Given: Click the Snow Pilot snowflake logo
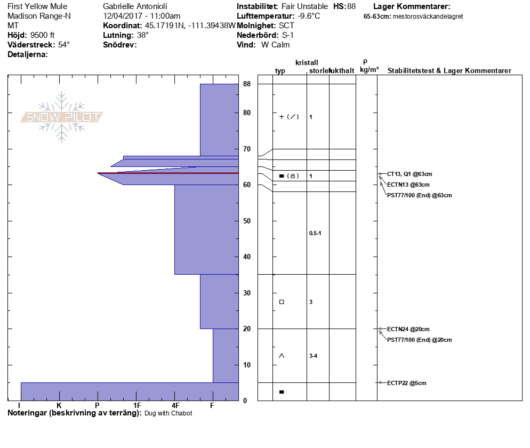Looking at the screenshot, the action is (61, 117).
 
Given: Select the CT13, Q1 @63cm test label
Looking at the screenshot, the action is (409, 174).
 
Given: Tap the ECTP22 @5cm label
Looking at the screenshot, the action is (406, 383).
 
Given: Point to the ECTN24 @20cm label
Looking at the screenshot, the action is (408, 329).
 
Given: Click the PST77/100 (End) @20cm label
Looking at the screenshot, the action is (419, 340).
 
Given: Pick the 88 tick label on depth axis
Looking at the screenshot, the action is (247, 84).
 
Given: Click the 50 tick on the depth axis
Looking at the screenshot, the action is (247, 221).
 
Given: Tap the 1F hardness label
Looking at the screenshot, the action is (137, 405).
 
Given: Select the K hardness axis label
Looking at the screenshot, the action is (59, 405).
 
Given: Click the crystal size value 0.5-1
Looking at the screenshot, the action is (315, 233).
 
